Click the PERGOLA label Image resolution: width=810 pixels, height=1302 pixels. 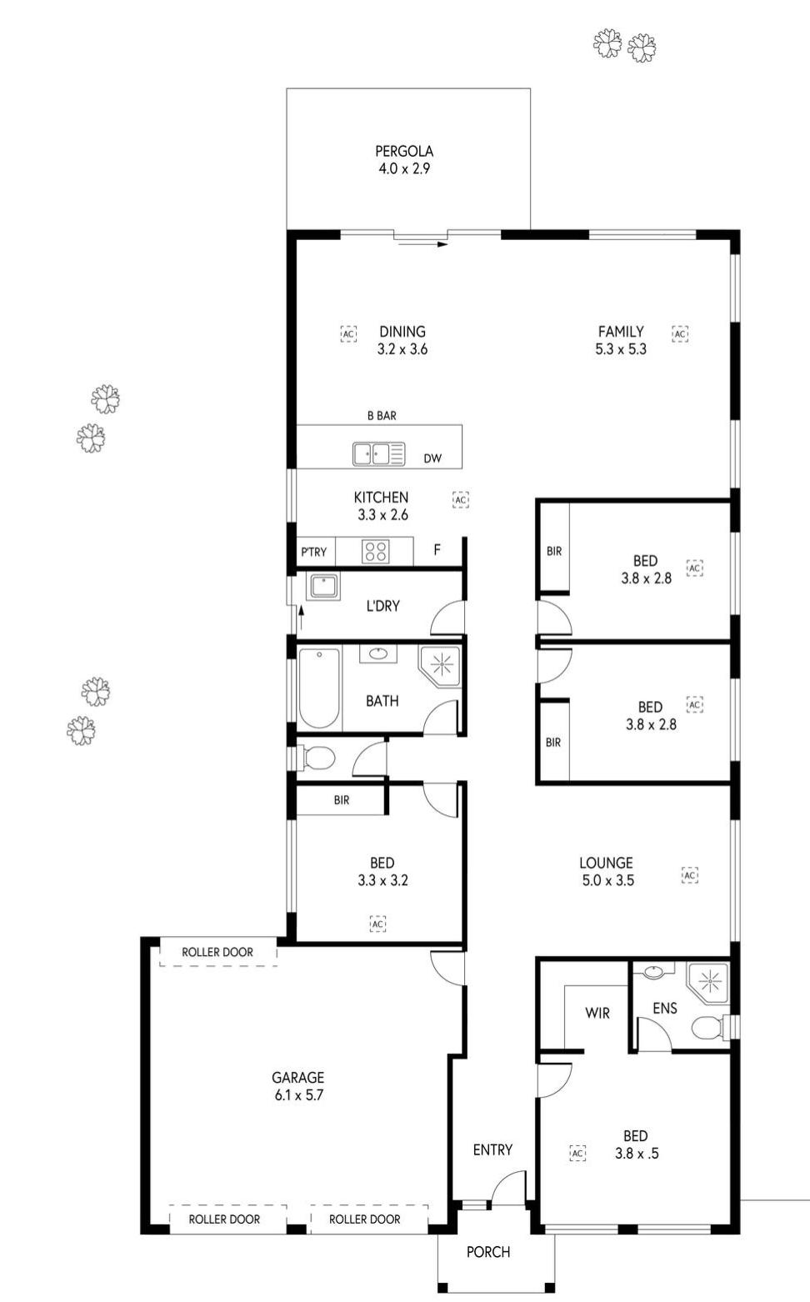click(x=404, y=152)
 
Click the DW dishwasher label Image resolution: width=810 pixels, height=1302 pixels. click(x=432, y=458)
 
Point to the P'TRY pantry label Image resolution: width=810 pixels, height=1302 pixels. click(x=313, y=552)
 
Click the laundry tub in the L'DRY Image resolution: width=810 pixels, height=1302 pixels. click(x=322, y=586)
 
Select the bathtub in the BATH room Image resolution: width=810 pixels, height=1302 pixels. click(x=319, y=687)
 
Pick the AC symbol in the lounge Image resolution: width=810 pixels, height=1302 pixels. click(x=689, y=875)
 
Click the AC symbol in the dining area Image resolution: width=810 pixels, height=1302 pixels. click(x=348, y=333)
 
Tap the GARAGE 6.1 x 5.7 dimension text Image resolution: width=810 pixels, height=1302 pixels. click(x=298, y=1095)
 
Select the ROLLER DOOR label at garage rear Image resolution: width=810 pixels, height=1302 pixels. click(x=217, y=952)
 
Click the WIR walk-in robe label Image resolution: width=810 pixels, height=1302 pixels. click(x=597, y=1013)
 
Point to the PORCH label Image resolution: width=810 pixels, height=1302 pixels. click(x=487, y=1251)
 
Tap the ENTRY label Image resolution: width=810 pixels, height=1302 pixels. click(x=492, y=1149)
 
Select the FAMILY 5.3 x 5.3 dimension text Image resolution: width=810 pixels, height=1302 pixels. click(x=621, y=349)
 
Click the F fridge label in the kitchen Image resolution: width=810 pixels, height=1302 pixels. click(x=437, y=550)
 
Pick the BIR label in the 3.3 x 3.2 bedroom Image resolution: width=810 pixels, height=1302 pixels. click(x=342, y=800)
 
